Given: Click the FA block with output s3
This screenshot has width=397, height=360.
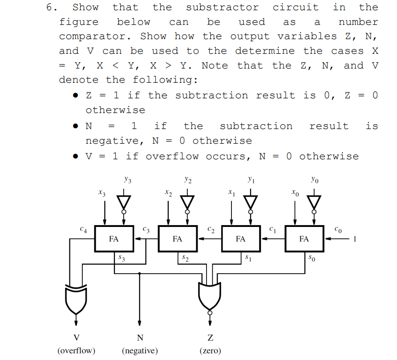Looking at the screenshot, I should tap(114, 239).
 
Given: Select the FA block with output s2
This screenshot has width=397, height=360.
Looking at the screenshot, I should tap(178, 239).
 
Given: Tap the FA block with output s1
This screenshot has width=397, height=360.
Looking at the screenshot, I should tap(241, 239).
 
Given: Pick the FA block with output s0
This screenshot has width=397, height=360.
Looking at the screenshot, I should tap(304, 239).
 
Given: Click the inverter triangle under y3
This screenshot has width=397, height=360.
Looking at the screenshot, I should tap(124, 202).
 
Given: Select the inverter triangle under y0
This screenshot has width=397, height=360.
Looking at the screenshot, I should tap(315, 202).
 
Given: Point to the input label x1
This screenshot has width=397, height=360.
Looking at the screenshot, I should tap(231, 193).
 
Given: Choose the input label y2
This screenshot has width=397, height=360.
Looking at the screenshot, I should tap(188, 180).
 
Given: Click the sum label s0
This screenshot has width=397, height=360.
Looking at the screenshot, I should tap(314, 258).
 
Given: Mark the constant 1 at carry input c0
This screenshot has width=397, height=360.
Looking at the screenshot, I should tap(355, 239).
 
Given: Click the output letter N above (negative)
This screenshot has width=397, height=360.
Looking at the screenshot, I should tap(140, 338).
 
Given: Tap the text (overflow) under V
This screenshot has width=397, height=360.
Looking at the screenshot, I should tap(76, 351).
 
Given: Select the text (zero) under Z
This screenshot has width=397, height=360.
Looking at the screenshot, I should tap(210, 351).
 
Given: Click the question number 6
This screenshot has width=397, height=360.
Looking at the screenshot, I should tap(52, 7).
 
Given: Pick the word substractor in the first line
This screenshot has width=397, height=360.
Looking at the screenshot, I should tap(222, 7).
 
